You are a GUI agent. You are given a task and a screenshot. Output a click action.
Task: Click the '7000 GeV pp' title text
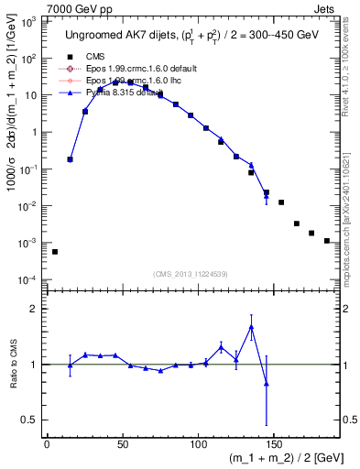(x=38, y=7)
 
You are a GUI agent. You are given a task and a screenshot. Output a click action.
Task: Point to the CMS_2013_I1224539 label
(x=191, y=273)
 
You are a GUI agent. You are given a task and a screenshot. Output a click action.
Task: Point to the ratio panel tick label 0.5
(x=29, y=421)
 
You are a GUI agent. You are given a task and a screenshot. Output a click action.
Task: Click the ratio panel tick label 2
(x=35, y=309)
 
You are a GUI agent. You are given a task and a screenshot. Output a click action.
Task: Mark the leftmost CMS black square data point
(x=55, y=252)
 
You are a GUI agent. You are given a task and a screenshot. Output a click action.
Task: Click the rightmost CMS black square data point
(x=327, y=241)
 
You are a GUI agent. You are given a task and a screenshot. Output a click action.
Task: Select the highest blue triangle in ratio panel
(x=251, y=327)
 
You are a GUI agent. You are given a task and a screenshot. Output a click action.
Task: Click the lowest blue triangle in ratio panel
(x=266, y=384)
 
